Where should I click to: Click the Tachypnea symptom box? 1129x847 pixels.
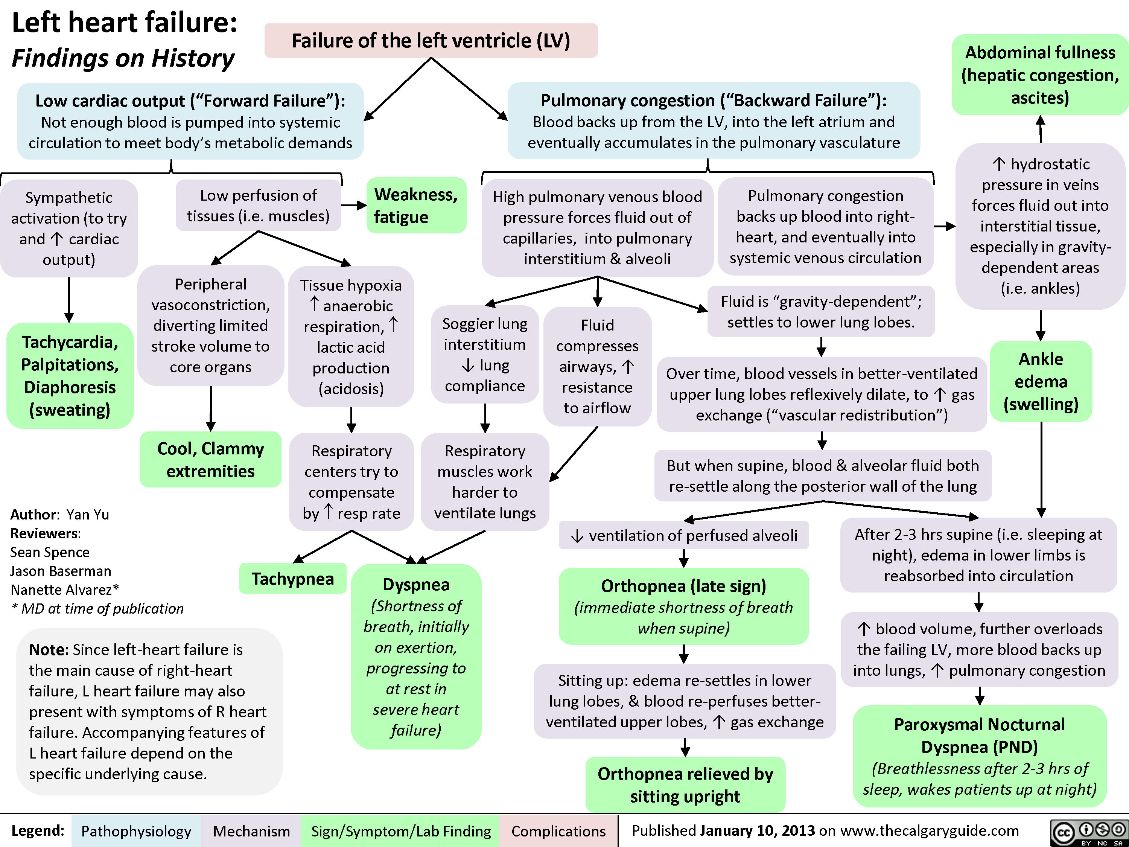point(292,579)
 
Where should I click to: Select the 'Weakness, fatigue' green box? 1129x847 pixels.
point(416,205)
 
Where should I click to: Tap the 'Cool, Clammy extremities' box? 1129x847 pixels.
point(210,460)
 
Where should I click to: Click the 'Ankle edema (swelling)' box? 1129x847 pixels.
point(1041,381)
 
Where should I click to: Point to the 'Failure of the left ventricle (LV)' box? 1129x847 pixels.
point(431,40)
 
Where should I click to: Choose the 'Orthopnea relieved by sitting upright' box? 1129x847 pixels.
point(685,785)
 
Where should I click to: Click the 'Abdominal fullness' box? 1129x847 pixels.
point(1040,75)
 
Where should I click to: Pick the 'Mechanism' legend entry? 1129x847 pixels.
point(251,831)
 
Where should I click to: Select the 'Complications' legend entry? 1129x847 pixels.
point(558,831)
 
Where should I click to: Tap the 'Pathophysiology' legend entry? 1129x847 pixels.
point(136,831)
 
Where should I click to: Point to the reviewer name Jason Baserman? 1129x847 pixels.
point(61,571)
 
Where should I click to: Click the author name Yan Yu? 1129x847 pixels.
point(87,514)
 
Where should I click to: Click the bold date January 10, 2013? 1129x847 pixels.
point(758,831)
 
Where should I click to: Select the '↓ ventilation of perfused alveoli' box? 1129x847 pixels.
point(683,535)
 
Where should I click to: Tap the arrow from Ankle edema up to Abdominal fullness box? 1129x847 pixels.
point(1040,129)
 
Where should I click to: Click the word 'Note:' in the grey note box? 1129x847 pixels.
point(49,649)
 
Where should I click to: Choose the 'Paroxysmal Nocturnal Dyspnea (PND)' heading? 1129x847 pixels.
point(980,736)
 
